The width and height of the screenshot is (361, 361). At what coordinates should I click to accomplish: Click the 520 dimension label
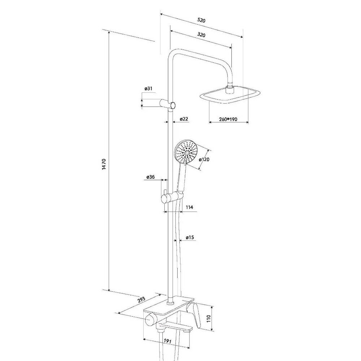click(201, 21)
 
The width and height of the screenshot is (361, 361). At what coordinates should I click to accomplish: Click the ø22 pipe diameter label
click(183, 119)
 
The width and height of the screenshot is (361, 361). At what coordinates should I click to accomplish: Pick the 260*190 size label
click(228, 120)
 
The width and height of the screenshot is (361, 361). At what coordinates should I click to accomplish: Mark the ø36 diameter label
click(151, 177)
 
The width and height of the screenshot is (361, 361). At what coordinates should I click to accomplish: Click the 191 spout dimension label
click(166, 341)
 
